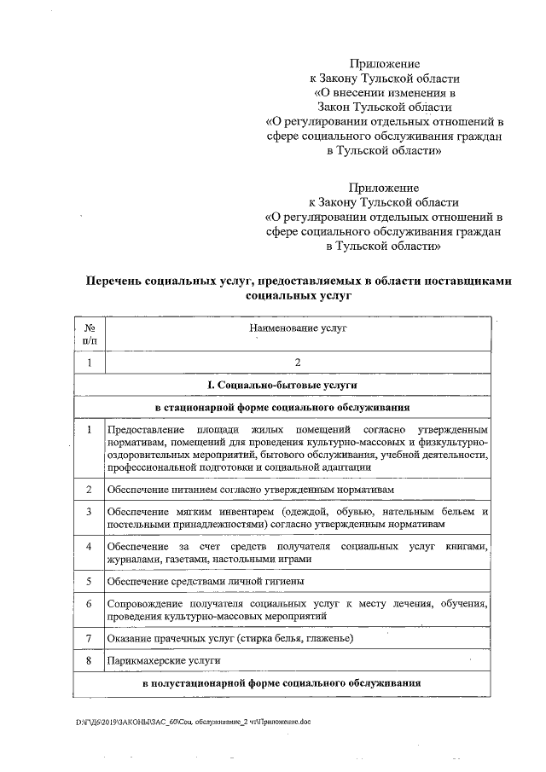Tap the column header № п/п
coord(90,334)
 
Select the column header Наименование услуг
coord(297,328)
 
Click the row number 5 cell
coord(90,582)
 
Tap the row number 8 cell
coord(90,660)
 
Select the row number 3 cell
coord(90,511)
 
